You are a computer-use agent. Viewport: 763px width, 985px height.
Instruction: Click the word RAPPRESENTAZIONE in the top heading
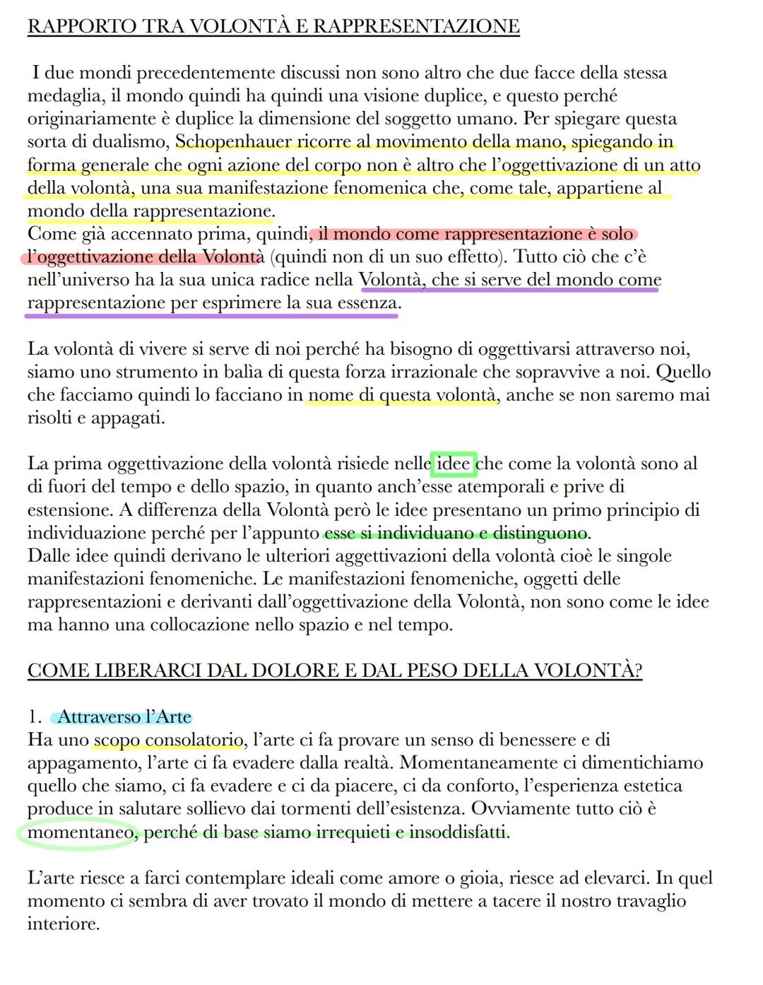(x=416, y=27)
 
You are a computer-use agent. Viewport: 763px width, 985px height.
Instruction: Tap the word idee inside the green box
(x=454, y=464)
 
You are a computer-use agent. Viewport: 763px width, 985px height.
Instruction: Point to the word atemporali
(x=503, y=488)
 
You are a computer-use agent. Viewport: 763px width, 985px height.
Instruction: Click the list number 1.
(x=33, y=718)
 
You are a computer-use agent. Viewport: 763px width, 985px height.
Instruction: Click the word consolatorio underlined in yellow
(x=194, y=741)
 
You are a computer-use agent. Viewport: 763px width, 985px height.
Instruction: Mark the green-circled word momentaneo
(x=80, y=833)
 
